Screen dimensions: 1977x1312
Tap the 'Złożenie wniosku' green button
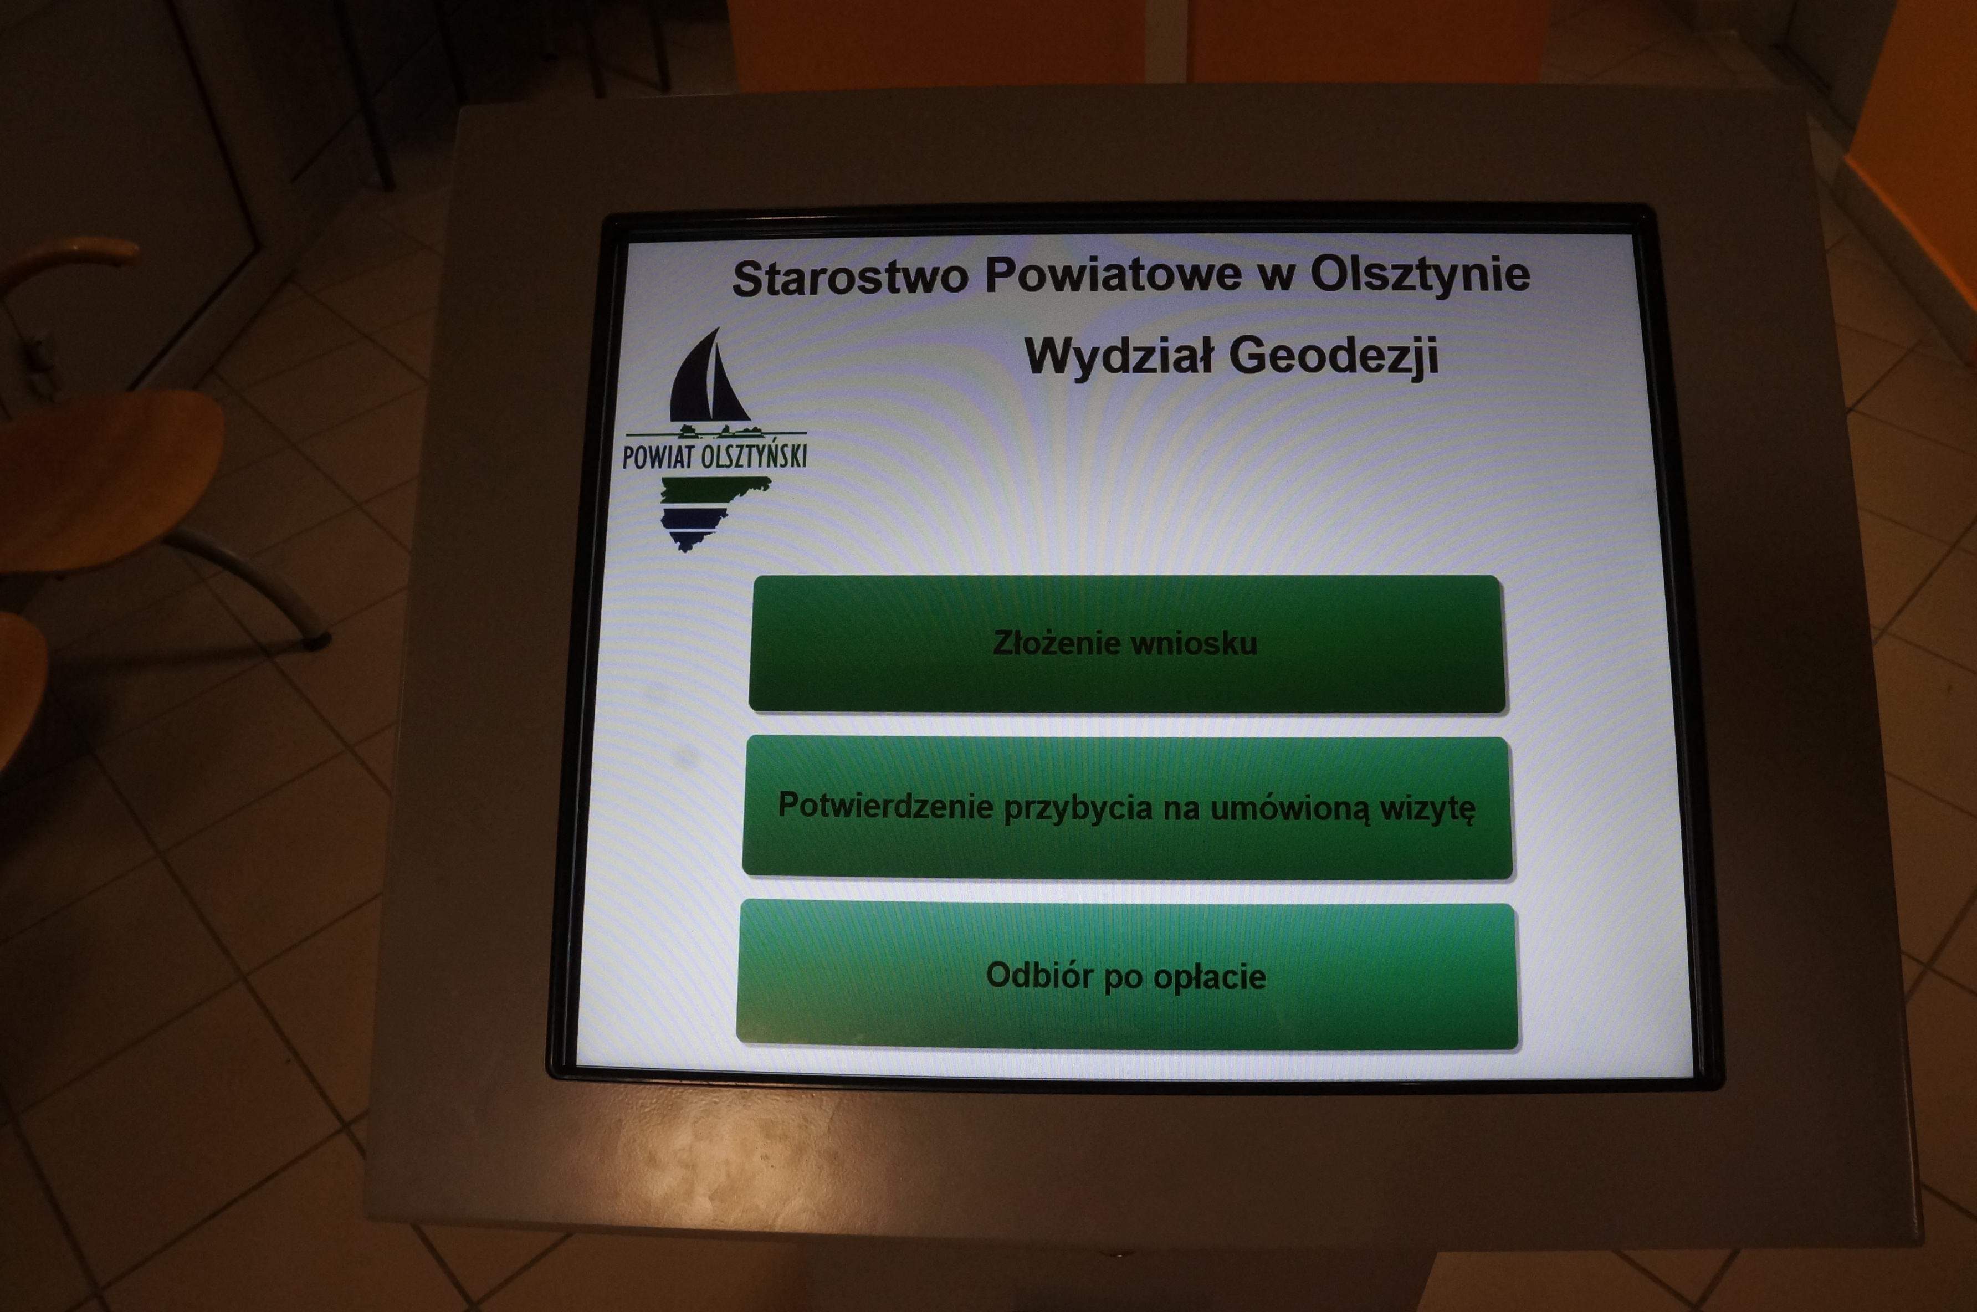coord(1127,643)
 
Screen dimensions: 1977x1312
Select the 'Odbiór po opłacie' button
coord(1127,976)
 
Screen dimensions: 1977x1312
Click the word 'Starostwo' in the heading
coord(850,278)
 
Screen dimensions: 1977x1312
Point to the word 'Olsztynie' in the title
coord(1420,275)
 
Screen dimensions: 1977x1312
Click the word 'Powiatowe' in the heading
coord(1113,275)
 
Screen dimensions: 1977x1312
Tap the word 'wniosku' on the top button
coord(1193,643)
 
